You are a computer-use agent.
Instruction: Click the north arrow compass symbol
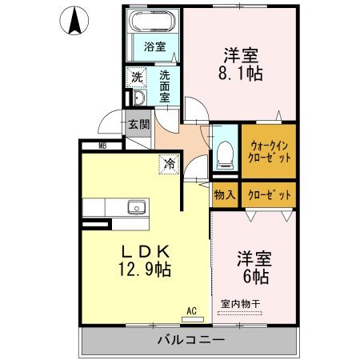tap(74, 21)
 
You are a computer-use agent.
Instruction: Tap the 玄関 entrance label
tap(138, 124)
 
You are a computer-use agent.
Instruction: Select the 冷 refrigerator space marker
tap(169, 163)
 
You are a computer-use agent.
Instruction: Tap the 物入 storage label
tap(224, 194)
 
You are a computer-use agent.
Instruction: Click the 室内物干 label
tap(240, 303)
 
